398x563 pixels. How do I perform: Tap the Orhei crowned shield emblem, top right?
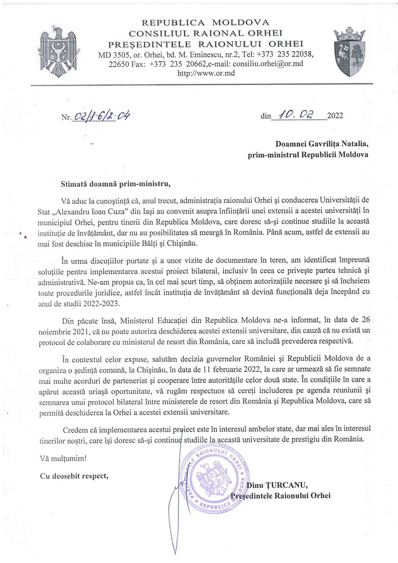click(x=350, y=51)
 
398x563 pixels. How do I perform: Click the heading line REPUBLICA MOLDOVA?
click(x=206, y=22)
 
